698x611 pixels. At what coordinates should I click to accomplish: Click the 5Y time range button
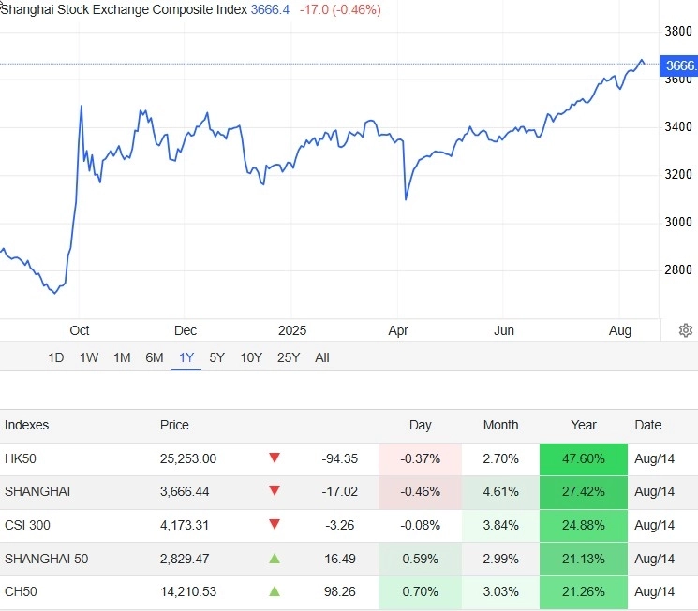216,357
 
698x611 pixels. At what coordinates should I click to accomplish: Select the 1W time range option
89,357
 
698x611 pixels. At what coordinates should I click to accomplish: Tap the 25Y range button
289,357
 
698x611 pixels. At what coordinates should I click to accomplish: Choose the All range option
322,357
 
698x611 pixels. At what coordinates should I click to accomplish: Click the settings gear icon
686,330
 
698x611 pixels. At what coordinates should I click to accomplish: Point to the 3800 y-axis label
677,31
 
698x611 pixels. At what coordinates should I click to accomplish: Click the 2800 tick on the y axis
677,270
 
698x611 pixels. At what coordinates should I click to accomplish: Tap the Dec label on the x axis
185,330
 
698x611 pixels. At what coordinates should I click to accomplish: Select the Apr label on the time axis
398,330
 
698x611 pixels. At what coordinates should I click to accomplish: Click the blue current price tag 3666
680,65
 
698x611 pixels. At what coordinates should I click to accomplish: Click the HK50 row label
21,458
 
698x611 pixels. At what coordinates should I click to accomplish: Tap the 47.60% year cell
584,458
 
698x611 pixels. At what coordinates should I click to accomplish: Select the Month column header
500,425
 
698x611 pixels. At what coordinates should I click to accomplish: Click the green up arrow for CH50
275,592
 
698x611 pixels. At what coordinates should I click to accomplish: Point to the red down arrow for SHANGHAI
275,491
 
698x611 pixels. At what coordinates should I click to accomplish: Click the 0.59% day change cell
421,559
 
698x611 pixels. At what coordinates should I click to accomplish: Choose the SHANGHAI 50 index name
46,559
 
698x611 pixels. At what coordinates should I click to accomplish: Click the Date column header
647,425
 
